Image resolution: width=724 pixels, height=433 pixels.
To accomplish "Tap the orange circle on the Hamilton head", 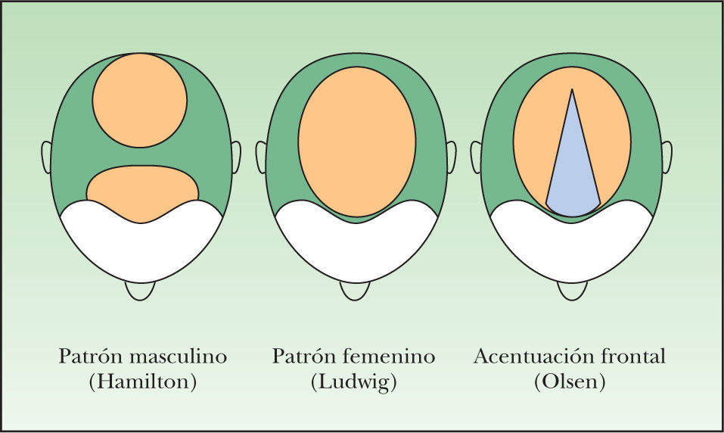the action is (139, 100).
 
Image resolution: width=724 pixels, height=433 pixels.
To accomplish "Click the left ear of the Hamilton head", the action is (46, 157).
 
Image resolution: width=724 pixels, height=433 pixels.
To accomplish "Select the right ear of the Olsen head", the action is (667, 157).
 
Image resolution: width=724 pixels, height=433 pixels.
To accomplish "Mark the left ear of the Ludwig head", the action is (262, 157).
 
